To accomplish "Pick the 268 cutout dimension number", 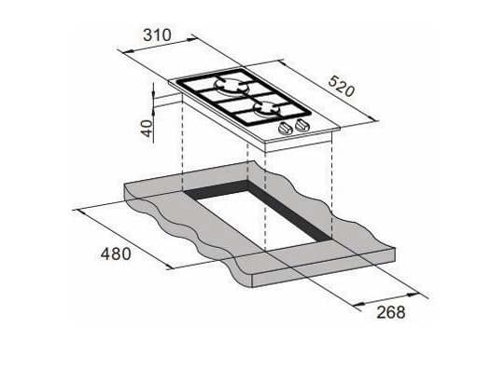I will click(x=386, y=312).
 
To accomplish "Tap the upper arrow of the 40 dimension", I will click(x=152, y=89).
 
